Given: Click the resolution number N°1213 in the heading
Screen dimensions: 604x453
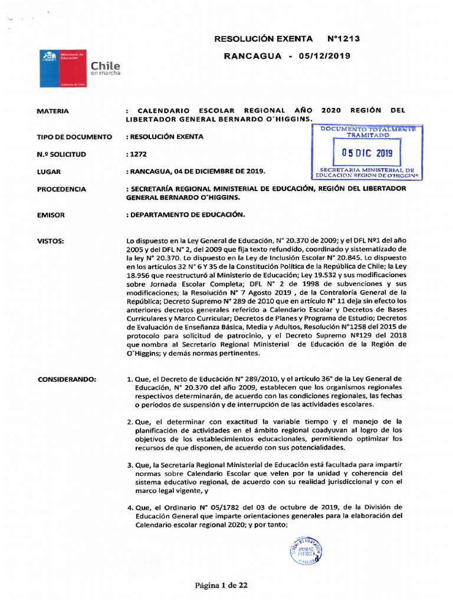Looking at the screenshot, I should pos(343,39).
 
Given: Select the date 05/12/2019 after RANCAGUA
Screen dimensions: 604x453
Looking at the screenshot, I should pos(324,56).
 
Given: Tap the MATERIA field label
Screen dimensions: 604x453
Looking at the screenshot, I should pos(52,111).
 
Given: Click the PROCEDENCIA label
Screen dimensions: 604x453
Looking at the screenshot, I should pos(61,189).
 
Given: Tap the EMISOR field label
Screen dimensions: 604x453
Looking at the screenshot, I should pos(51,215).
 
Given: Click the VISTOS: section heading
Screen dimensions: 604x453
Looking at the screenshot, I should pos(51,241).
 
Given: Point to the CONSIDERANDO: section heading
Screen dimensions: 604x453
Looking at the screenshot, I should pos(69,378).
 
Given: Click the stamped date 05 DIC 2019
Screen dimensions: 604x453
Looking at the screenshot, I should pos(366,153).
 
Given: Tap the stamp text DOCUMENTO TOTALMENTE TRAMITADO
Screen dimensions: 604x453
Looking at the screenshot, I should pos(367,132).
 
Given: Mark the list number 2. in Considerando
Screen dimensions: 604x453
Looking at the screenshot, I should pos(130,421).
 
